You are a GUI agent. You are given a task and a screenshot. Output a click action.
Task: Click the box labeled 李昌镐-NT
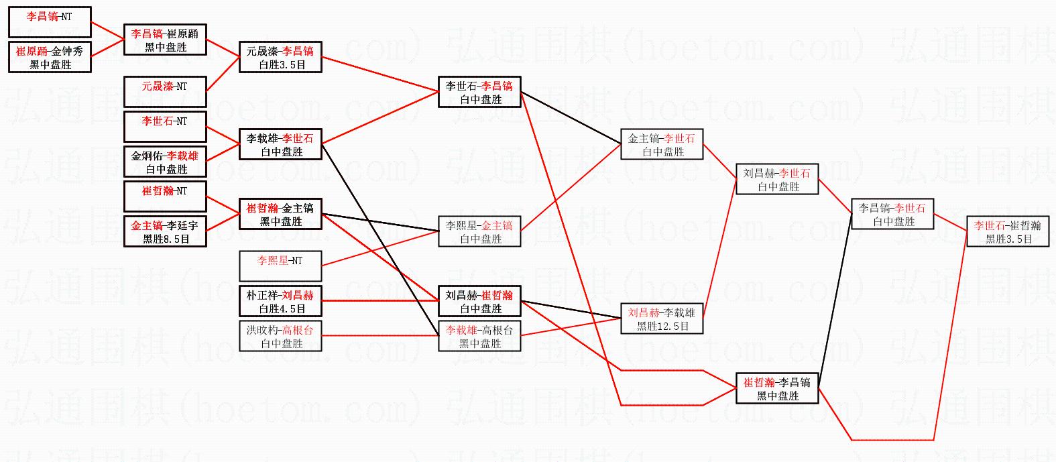coord(50,22)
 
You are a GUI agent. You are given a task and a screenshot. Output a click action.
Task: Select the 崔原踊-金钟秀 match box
coord(50,57)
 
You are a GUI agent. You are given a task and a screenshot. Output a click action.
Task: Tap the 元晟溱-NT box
coord(165,92)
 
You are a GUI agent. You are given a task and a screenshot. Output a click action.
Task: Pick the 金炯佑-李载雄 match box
coord(165,162)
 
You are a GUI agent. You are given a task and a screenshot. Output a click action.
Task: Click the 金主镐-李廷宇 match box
coord(165,231)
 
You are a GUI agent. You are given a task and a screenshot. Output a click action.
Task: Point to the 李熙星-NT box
coord(280,266)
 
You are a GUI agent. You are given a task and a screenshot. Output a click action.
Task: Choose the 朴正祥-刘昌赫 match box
coord(280,301)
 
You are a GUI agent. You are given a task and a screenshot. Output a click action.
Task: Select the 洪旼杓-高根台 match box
coord(280,336)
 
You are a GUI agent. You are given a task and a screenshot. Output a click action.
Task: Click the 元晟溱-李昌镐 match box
coord(280,57)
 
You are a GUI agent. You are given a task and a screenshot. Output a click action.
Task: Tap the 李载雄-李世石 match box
coord(280,144)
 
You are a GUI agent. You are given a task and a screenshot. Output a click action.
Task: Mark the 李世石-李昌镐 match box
coord(480,92)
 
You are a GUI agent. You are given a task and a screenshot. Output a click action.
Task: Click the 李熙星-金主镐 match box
coord(480,231)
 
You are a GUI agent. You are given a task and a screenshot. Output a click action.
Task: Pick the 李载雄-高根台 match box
coord(480,336)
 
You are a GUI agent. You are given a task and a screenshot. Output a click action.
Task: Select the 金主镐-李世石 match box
coord(662,144)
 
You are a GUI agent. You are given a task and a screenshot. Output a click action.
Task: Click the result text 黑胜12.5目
coord(662,326)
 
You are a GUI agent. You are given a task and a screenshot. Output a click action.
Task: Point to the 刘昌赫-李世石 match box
coord(777,179)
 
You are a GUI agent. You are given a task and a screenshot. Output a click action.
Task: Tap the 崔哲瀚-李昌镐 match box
coord(777,388)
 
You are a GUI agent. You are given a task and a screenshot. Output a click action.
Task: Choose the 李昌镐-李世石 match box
coord(892,214)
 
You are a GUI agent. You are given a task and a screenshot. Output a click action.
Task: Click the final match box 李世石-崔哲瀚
coord(1008,231)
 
